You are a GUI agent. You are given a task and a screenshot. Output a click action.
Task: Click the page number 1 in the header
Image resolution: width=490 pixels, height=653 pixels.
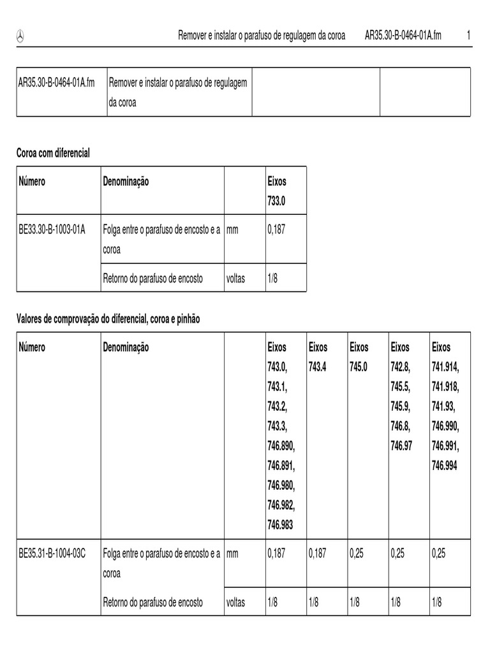pyautogui.click(x=468, y=36)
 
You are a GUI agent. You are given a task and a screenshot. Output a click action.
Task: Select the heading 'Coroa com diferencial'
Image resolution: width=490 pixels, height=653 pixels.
pyautogui.click(x=53, y=152)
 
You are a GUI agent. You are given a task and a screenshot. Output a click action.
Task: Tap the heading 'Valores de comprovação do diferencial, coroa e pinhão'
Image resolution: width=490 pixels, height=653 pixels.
pyautogui.click(x=108, y=319)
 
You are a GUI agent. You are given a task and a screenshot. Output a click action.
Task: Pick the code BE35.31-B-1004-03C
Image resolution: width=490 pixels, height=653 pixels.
pyautogui.click(x=53, y=554)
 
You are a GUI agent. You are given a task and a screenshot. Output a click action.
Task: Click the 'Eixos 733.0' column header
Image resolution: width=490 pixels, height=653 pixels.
pyautogui.click(x=277, y=191)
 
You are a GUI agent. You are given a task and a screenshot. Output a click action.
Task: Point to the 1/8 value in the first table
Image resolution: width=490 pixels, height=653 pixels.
pyautogui.click(x=272, y=279)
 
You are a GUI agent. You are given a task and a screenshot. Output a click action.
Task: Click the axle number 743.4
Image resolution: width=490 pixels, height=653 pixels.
pyautogui.click(x=318, y=367)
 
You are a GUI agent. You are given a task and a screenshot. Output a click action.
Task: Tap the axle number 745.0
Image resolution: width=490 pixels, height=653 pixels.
pyautogui.click(x=359, y=367)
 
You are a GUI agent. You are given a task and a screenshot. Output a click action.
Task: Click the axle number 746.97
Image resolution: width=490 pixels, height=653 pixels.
pyautogui.click(x=400, y=446)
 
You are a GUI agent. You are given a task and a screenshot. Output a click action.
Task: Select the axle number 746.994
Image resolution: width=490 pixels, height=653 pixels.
pyautogui.click(x=445, y=466)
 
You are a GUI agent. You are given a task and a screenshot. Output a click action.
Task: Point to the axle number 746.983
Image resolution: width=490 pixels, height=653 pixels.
pyautogui.click(x=281, y=525)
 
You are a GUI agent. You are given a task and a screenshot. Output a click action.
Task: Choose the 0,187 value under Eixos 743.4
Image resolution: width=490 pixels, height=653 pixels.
pyautogui.click(x=317, y=554)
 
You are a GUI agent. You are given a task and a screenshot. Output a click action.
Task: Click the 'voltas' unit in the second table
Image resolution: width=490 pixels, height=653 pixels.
pyautogui.click(x=235, y=603)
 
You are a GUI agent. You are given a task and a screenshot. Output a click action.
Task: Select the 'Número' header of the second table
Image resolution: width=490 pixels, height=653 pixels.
pyautogui.click(x=32, y=348)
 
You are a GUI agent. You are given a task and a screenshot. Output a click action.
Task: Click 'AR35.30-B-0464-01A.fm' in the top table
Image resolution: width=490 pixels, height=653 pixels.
pyautogui.click(x=57, y=83)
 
